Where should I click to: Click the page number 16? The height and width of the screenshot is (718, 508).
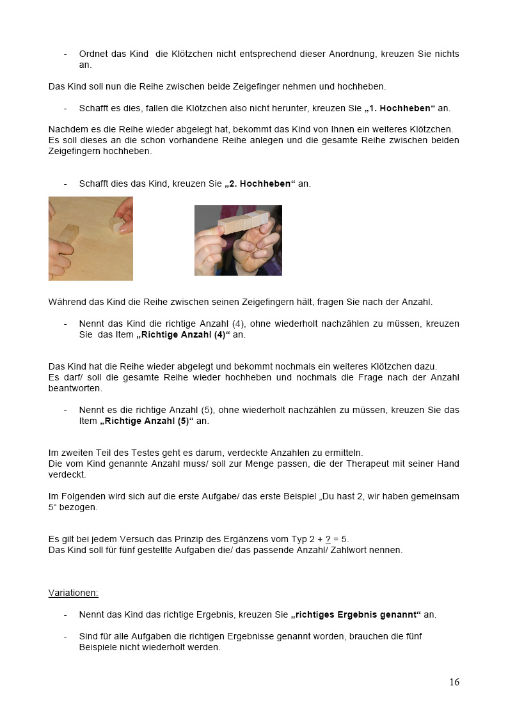pyautogui.click(x=454, y=682)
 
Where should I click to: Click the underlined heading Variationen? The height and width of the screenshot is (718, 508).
pyautogui.click(x=74, y=593)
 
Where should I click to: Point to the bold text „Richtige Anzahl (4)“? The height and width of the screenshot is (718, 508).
pyautogui.click(x=183, y=334)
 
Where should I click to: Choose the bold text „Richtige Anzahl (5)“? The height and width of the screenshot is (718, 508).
pyautogui.click(x=147, y=421)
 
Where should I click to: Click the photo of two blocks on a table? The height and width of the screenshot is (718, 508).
pyautogui.click(x=91, y=238)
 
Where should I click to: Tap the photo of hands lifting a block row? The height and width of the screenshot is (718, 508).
pyautogui.click(x=238, y=240)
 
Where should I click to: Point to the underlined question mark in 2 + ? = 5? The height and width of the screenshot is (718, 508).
pyautogui.click(x=328, y=539)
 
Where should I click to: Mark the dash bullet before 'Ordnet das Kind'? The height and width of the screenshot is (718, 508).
pyautogui.click(x=65, y=54)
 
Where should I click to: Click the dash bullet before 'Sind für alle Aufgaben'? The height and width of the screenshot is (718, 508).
pyautogui.click(x=65, y=636)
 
